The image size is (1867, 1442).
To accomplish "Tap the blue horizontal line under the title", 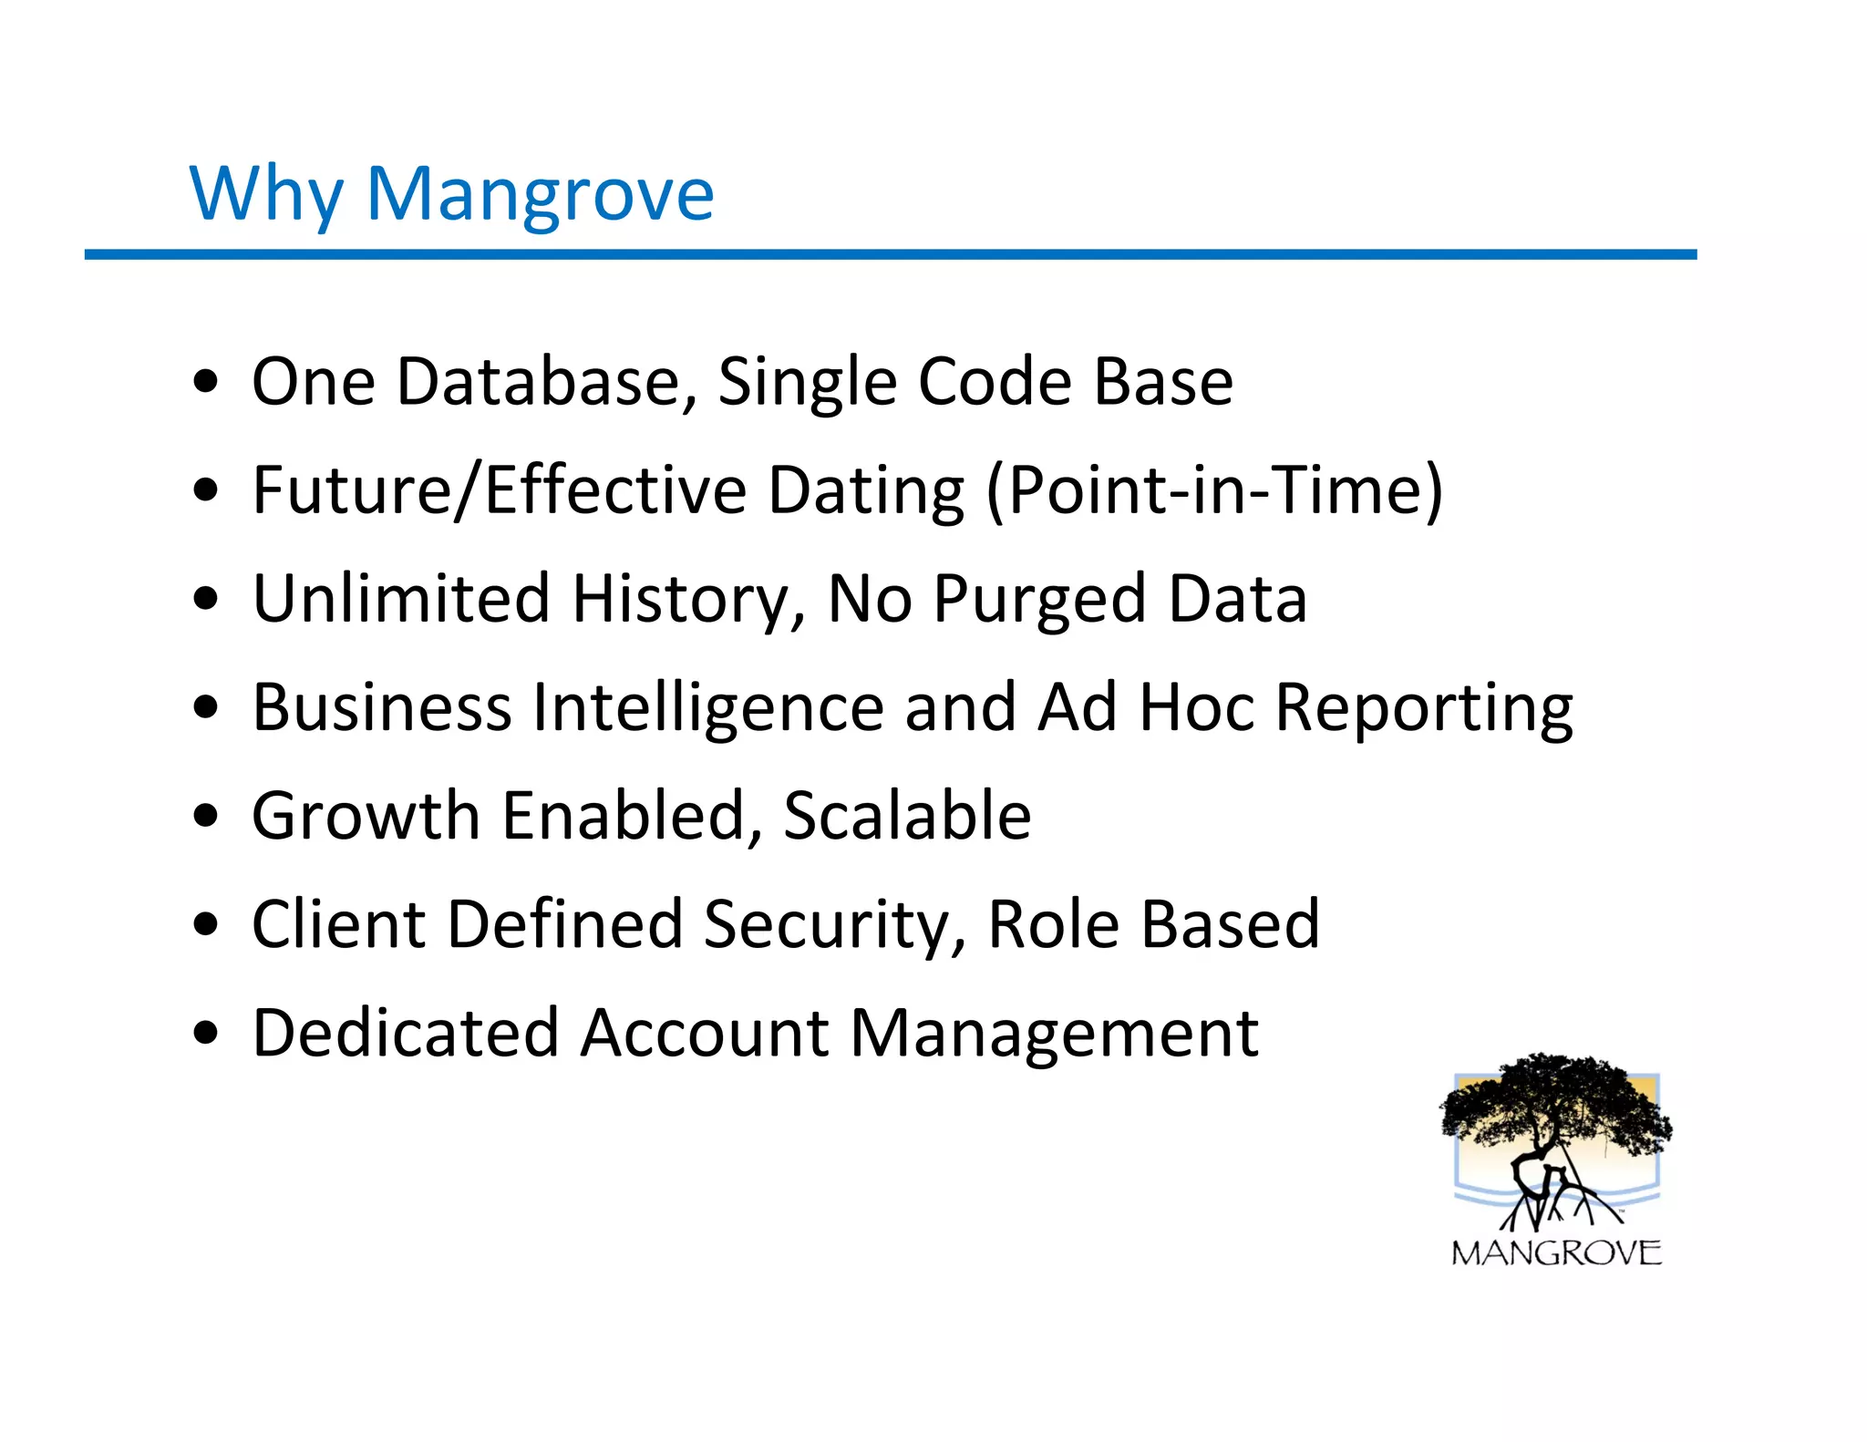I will [890, 254].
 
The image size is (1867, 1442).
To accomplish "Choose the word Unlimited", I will [401, 599].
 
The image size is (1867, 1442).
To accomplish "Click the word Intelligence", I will [708, 708].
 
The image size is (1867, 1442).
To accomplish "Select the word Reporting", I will [1423, 708].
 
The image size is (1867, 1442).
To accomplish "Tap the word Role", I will [1052, 924].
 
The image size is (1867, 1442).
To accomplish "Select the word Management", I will [1054, 1033].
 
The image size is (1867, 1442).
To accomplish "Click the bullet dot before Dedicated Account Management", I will [207, 1034].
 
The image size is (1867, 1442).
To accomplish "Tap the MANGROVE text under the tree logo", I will [1556, 1253].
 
